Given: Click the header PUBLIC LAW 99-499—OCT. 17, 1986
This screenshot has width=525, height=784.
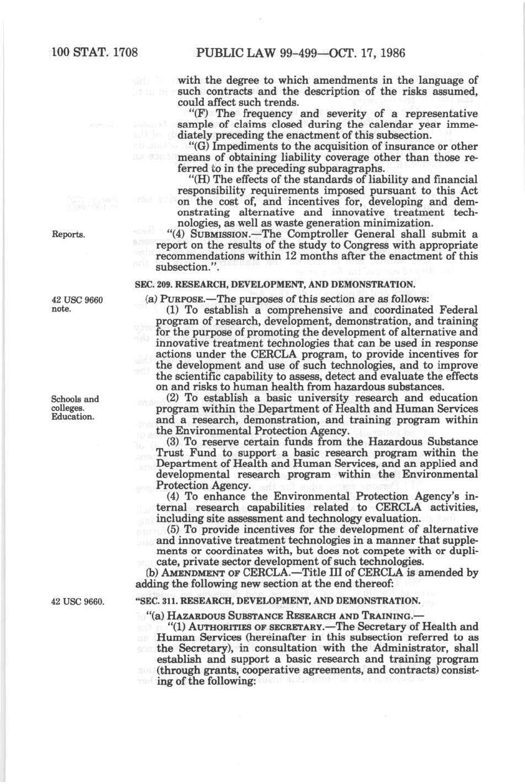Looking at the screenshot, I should point(301,53).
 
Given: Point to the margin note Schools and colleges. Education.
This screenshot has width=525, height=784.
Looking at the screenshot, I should point(75,408).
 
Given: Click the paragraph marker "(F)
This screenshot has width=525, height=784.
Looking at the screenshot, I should point(194,114).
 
